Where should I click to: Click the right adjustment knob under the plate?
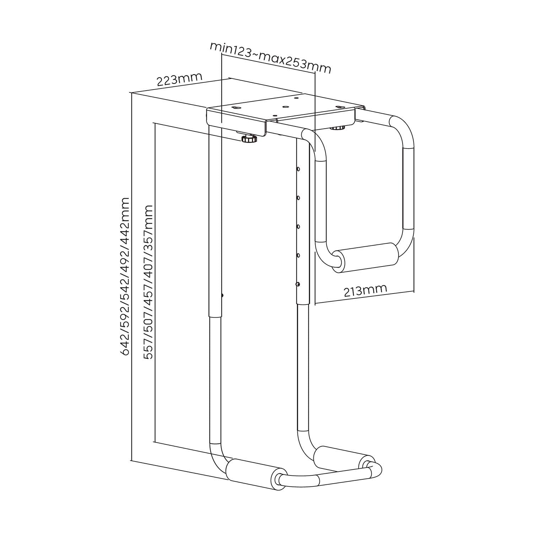pos(338,127)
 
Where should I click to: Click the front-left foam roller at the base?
pos(254,471)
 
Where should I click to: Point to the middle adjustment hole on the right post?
pos(298,226)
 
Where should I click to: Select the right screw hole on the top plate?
pos(339,106)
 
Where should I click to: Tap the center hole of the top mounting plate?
pos(285,106)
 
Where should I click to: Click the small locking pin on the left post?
pos(222,295)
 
